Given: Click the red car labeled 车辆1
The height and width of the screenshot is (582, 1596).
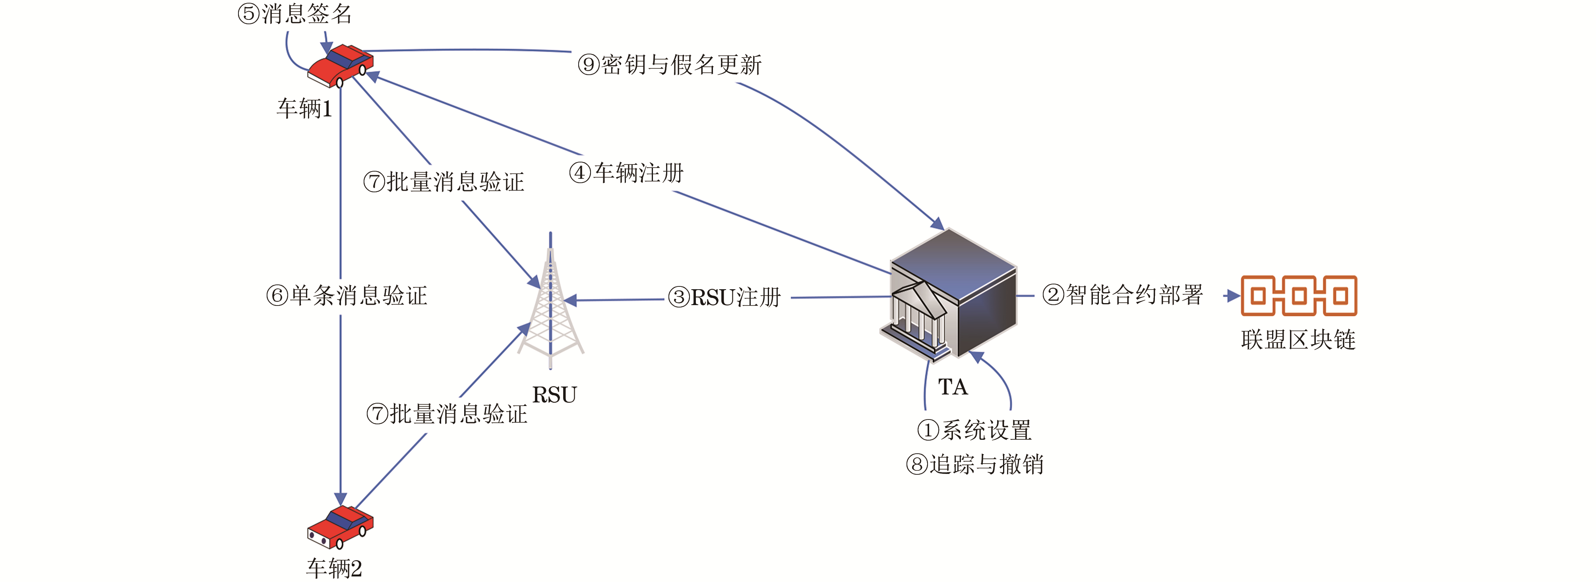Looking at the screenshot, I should [340, 65].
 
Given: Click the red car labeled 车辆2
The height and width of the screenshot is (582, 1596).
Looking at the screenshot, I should [340, 527].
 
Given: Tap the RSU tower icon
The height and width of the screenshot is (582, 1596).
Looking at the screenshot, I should [550, 304].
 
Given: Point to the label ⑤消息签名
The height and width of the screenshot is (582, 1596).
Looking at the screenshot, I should [295, 14].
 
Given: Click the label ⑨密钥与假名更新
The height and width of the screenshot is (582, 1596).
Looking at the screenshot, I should [669, 64].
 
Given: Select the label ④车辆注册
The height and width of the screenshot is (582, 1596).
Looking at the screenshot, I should [626, 173].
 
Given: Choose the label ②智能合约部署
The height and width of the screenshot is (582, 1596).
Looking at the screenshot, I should [1122, 295].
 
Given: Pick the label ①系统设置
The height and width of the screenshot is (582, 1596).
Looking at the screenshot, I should [974, 430].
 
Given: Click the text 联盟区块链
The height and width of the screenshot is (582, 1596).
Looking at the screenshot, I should [1298, 339].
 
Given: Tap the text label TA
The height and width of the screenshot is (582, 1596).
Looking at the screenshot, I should [952, 387].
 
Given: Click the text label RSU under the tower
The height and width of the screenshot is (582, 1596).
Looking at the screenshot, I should [554, 394].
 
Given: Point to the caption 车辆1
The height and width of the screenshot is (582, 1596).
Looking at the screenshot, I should [304, 109].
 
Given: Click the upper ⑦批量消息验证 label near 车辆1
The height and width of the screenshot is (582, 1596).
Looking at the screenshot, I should [444, 182].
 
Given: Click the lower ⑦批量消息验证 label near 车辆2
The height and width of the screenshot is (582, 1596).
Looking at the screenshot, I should [447, 414].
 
